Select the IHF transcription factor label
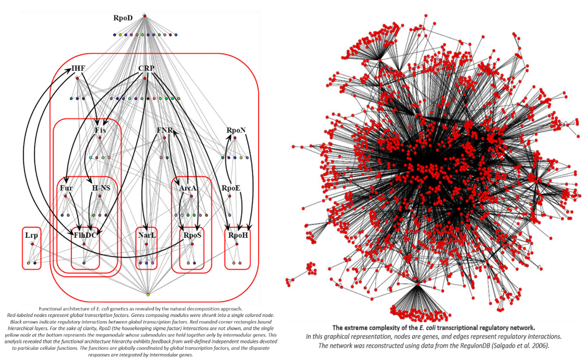tap(78, 68)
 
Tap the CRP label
tap(147, 68)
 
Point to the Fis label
tap(100, 131)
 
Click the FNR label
tap(164, 131)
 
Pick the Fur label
tap(66, 188)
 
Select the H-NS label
tap(102, 188)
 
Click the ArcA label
tap(188, 188)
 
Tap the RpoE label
tap(231, 188)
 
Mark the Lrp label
tap(31, 235)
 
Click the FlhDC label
tap(85, 235)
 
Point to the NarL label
tap(147, 235)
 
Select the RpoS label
tap(193, 235)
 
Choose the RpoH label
tap(239, 235)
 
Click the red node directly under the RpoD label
tap(145, 17)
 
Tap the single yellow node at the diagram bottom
tap(148, 294)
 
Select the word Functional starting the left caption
tap(53, 309)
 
